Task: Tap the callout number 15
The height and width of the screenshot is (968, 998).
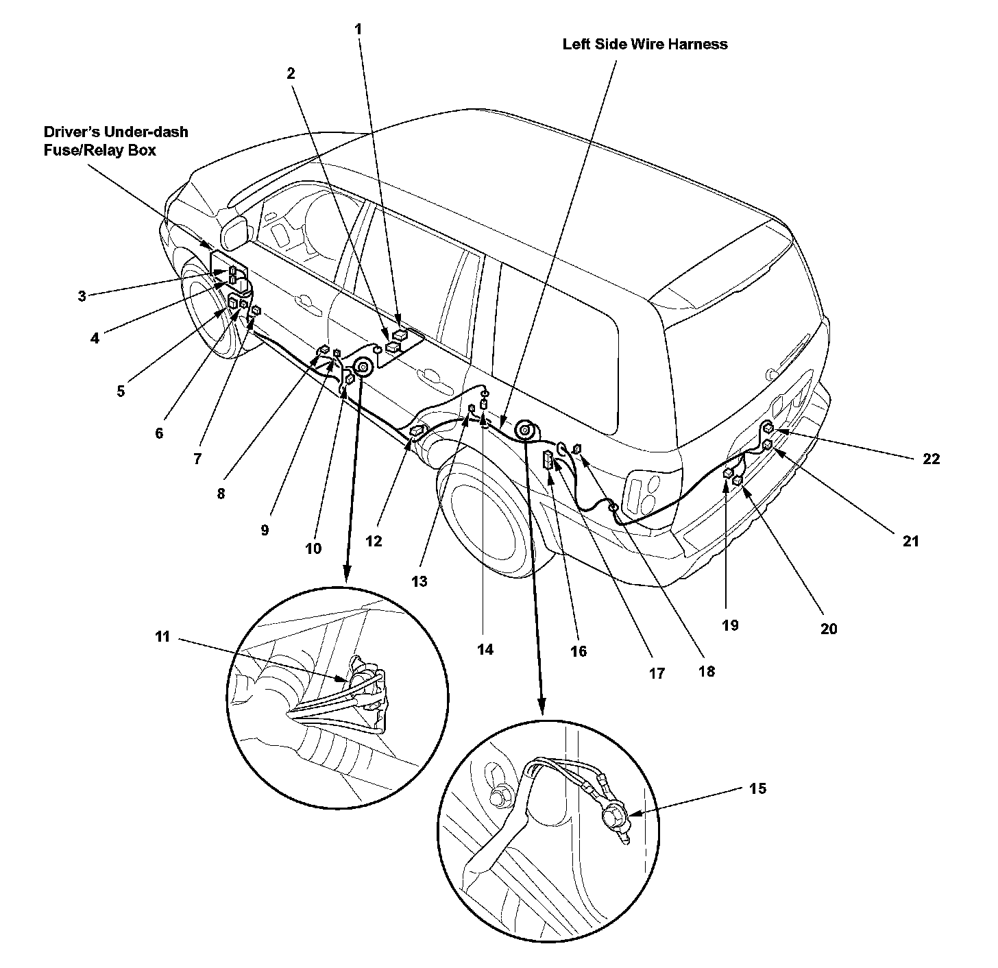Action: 757,788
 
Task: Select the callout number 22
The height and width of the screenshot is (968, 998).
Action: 931,459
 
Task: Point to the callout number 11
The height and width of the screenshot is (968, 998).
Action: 162,637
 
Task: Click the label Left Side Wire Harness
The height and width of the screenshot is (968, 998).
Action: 645,45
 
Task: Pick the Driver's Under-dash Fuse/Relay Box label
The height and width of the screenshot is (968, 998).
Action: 116,141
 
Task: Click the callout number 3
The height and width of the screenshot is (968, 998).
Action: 82,296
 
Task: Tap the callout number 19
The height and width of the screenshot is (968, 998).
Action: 730,625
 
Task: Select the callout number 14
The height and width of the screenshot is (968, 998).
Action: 485,649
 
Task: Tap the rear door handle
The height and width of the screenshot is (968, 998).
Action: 429,374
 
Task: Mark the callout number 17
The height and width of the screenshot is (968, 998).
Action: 657,673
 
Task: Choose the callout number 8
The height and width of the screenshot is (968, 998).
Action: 221,493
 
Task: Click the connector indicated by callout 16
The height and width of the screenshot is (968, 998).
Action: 550,459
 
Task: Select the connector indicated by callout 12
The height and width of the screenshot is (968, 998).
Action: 417,431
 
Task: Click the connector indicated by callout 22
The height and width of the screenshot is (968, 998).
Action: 769,429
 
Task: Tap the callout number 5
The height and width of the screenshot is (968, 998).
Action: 121,391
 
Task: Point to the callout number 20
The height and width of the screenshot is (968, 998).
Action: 829,629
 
